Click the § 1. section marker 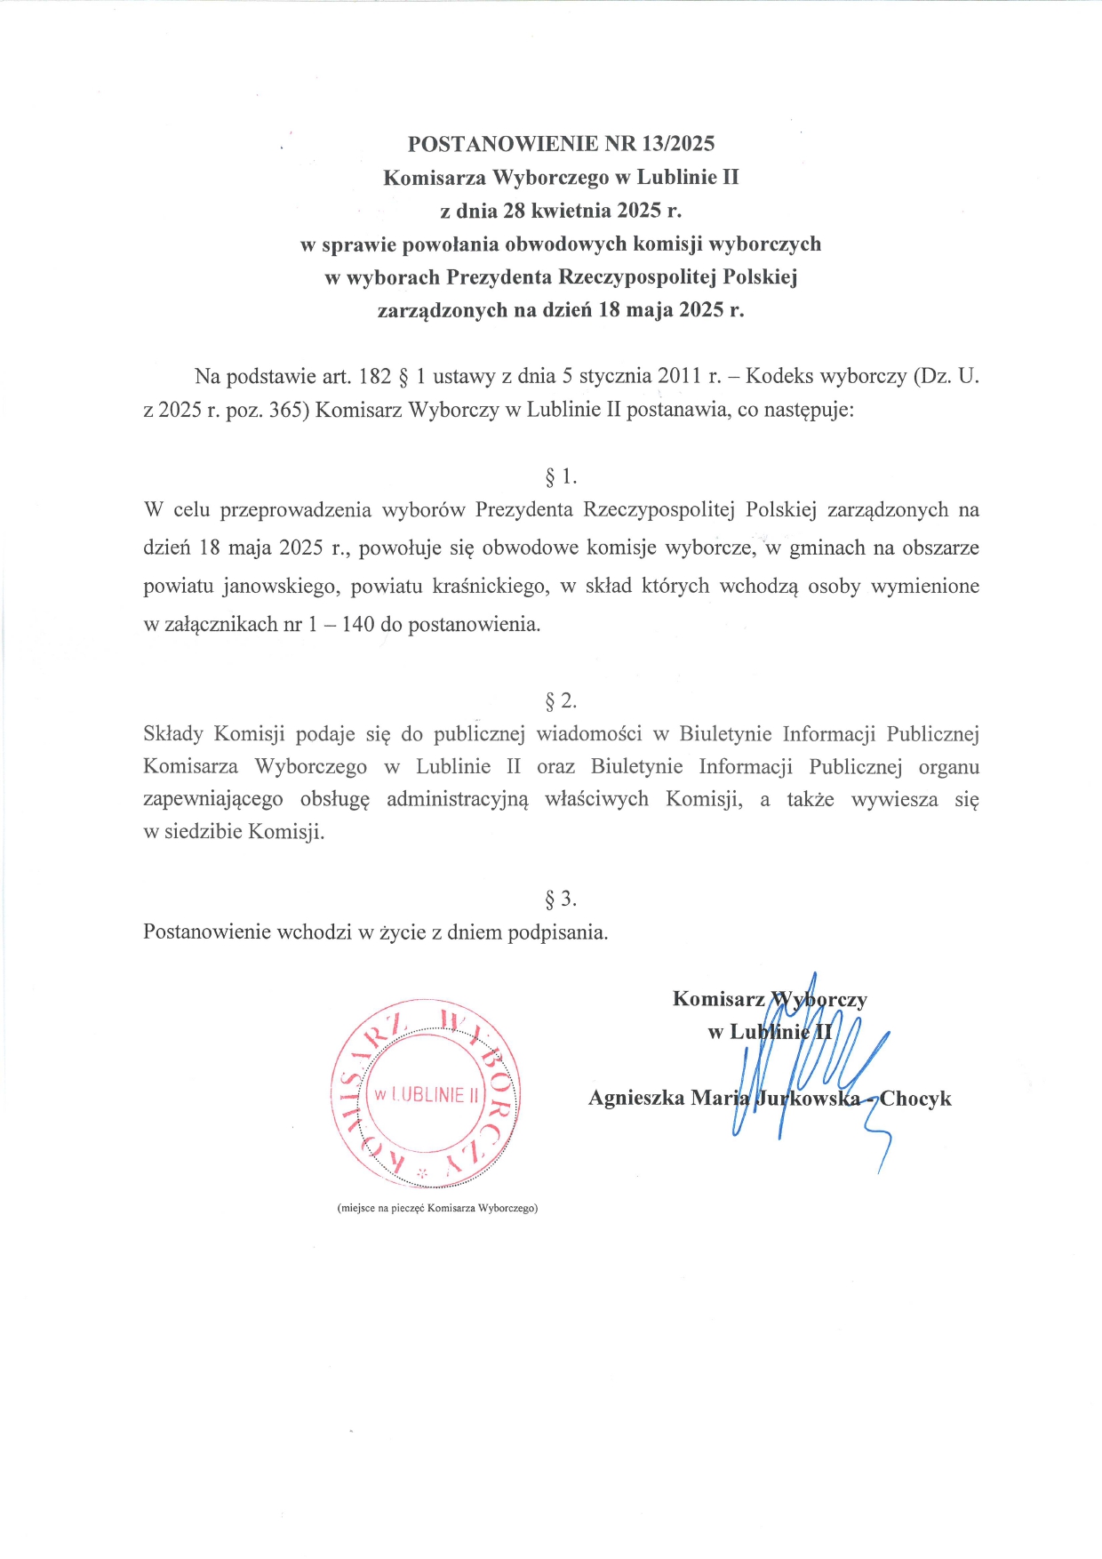click(561, 477)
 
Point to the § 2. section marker click(561, 701)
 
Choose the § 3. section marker click(561, 899)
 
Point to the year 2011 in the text click(680, 377)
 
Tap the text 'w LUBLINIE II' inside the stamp click(426, 1095)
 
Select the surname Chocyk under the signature click(915, 1099)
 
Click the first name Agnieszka click(636, 1099)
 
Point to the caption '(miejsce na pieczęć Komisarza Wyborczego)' click(437, 1209)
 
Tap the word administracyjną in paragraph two click(457, 800)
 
